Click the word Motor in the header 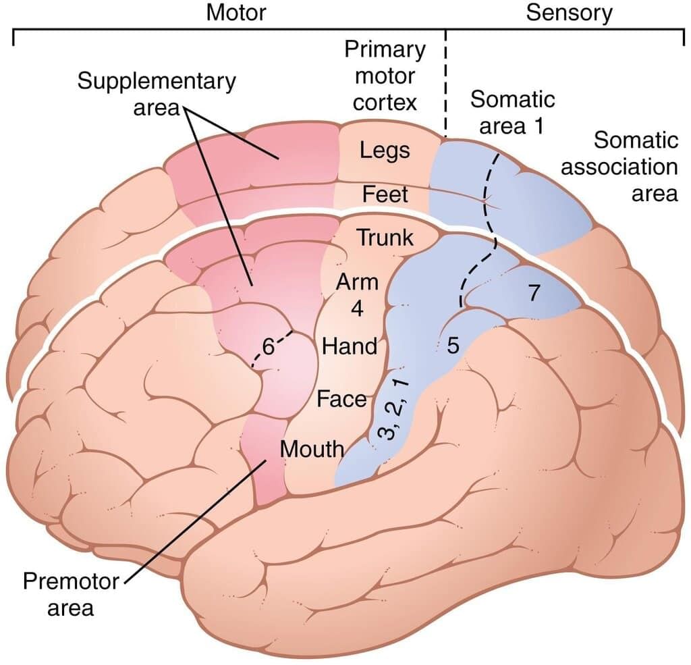(236, 14)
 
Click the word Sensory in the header (569, 14)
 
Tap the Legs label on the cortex (385, 149)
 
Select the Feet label (385, 194)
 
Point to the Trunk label (384, 238)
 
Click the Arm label (358, 282)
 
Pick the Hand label (349, 346)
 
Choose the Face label (341, 398)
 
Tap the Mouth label (312, 448)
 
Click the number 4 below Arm (358, 309)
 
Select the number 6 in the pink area (268, 347)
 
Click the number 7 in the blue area (534, 294)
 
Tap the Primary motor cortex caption (385, 76)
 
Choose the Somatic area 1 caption (512, 111)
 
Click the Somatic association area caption (619, 167)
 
